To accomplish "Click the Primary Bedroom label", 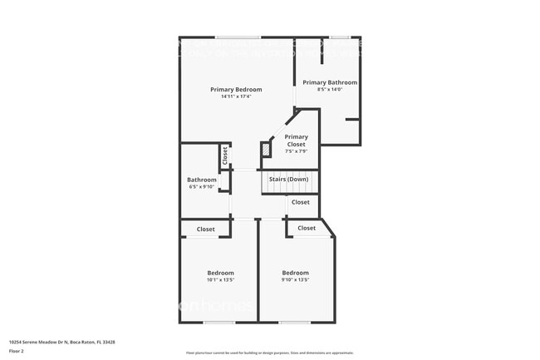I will tap(236, 90).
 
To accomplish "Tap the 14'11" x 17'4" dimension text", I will tap(236, 97).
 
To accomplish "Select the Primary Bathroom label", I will tap(330, 82).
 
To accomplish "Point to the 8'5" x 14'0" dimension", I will tap(330, 90).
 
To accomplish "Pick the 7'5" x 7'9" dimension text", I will tap(297, 151).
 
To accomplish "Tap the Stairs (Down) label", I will tap(288, 180).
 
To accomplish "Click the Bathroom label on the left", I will tap(202, 180).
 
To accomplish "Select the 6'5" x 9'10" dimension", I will tap(202, 187).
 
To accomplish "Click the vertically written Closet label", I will tap(224, 155).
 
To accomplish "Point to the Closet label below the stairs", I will tap(300, 202).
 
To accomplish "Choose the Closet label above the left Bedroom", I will tap(205, 229).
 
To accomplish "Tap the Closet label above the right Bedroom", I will tap(307, 228).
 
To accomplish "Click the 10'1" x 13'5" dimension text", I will tap(220, 280).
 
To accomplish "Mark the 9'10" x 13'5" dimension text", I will tap(295, 280).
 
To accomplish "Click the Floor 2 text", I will tap(17, 352).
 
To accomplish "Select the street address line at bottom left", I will tap(61, 342).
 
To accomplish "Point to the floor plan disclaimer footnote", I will tap(269, 353).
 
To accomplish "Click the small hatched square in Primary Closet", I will tap(266, 150).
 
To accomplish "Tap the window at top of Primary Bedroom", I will tap(238, 37).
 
